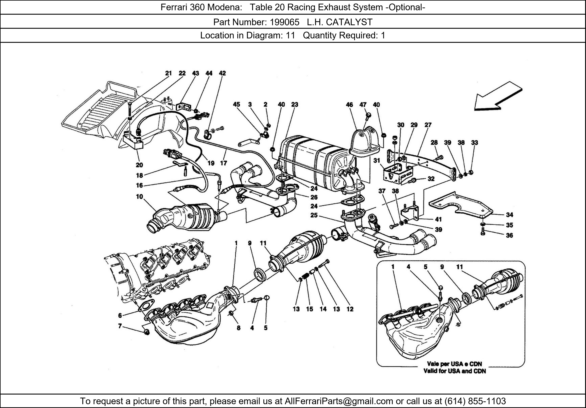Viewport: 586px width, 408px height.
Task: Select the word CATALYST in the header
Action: click(x=349, y=22)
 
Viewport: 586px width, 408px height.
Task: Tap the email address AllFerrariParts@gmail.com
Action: click(x=339, y=401)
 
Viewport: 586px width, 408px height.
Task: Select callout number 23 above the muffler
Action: click(x=294, y=104)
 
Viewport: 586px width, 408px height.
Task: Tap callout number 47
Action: click(x=363, y=104)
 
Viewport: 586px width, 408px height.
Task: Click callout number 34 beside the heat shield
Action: click(x=509, y=215)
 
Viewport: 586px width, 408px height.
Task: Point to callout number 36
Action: click(x=509, y=235)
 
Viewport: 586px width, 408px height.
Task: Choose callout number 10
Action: click(x=139, y=197)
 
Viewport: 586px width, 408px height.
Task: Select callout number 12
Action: click(x=350, y=309)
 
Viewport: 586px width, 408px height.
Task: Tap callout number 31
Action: click(x=377, y=161)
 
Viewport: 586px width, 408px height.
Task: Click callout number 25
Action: click(x=314, y=215)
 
